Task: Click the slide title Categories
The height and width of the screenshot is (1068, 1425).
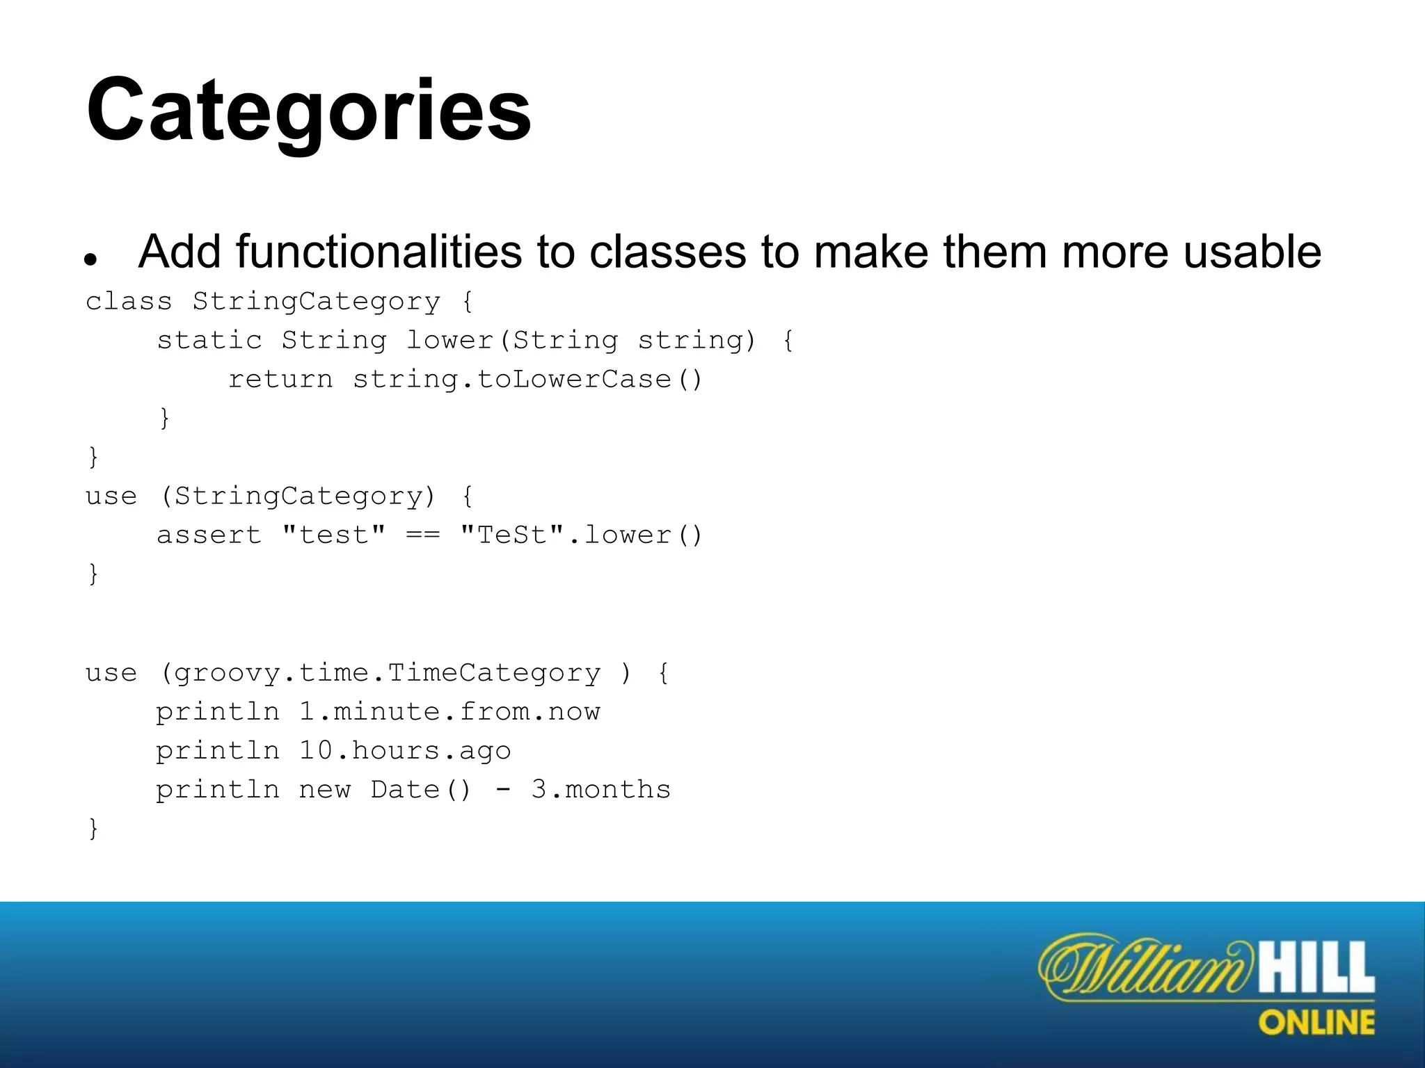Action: [x=309, y=111]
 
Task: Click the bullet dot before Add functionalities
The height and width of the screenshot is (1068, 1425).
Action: [x=89, y=260]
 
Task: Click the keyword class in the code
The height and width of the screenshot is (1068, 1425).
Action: [x=129, y=302]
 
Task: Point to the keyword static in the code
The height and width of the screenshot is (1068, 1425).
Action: [x=209, y=341]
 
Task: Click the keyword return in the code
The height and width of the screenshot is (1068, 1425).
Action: [x=280, y=380]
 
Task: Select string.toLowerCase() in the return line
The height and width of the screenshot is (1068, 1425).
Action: [x=527, y=380]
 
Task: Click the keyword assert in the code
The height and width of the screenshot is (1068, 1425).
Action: [x=209, y=535]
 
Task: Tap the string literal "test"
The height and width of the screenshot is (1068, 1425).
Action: [x=334, y=535]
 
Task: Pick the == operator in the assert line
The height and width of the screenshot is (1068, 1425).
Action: [x=423, y=535]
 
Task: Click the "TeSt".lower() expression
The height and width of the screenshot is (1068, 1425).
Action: [x=582, y=535]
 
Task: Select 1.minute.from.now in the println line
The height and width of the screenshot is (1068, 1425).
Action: [x=449, y=712]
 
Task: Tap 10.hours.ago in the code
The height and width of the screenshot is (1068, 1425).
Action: [x=405, y=751]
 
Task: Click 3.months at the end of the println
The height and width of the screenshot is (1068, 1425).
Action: [x=600, y=790]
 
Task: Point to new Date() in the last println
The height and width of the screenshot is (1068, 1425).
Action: [x=385, y=790]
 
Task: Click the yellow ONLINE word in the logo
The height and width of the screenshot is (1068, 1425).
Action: [x=1316, y=1023]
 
